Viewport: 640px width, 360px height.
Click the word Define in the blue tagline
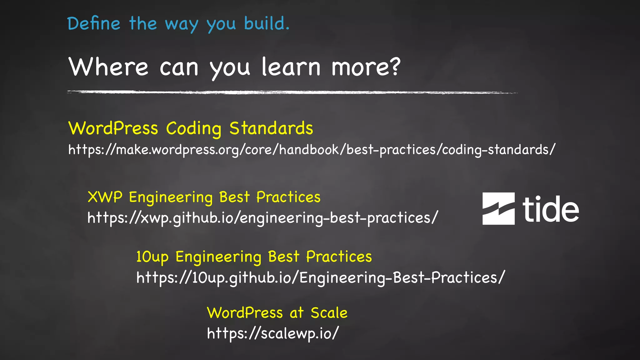94,24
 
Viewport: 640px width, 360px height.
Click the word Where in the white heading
108,67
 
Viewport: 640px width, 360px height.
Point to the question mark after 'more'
395,66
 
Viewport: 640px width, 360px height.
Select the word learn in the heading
291,67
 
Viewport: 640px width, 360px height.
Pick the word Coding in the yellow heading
193,129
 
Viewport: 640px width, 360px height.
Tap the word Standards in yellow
271,128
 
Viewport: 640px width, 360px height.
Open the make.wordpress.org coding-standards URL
312,150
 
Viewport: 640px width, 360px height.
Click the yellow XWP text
105,197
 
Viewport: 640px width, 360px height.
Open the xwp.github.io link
262,218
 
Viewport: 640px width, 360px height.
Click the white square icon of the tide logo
498,208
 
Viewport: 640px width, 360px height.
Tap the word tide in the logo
551,209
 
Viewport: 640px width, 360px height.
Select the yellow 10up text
152,257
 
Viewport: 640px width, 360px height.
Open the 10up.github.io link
320,277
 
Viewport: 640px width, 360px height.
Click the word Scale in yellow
329,313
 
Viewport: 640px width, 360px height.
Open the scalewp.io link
272,333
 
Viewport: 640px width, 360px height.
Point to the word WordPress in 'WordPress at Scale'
245,313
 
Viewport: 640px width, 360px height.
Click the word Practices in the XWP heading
288,197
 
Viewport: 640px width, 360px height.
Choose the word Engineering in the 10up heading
218,257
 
